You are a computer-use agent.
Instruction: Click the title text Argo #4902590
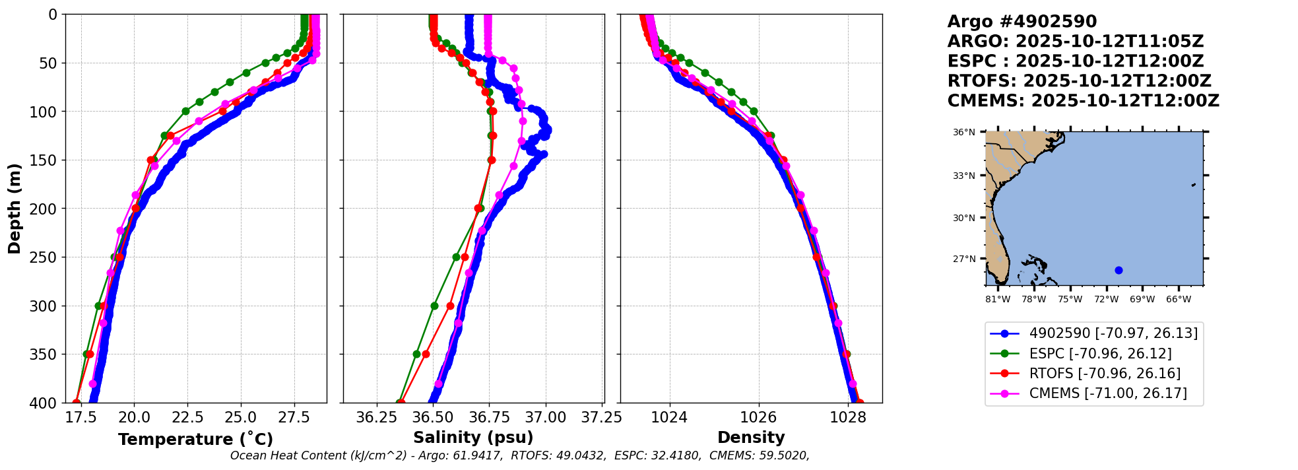(1022, 22)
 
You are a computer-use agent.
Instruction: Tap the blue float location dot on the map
(1119, 270)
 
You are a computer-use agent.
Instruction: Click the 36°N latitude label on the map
(963, 133)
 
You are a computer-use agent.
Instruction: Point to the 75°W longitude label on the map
(1070, 300)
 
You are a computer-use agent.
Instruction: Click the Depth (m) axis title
(15, 208)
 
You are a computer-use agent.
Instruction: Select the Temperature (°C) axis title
(195, 439)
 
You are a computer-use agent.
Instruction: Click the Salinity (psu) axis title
(473, 438)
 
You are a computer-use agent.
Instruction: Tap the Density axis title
(751, 438)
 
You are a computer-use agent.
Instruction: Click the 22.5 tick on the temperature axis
(187, 417)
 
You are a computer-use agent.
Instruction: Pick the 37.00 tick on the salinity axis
(546, 417)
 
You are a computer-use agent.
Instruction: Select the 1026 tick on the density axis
(758, 417)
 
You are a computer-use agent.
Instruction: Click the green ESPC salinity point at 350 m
(416, 354)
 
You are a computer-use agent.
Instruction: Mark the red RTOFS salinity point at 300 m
(450, 306)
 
